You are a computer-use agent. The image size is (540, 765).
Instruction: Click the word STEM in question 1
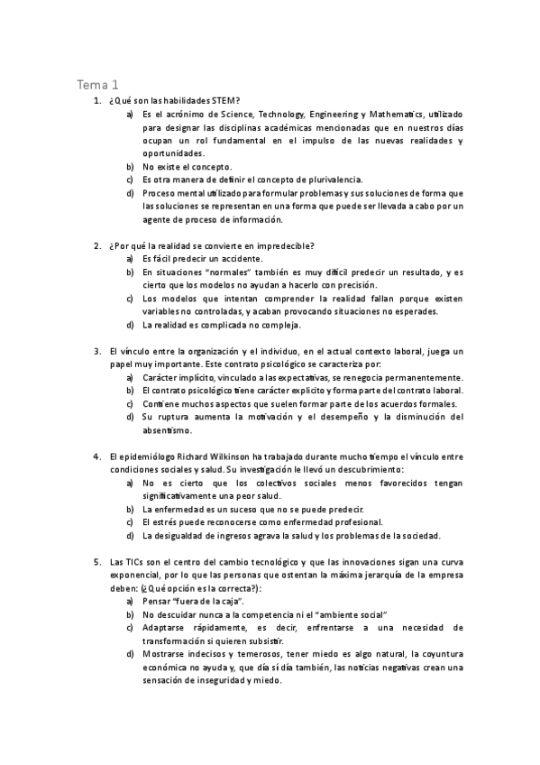point(226,101)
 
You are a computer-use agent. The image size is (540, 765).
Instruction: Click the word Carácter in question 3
point(162,377)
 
